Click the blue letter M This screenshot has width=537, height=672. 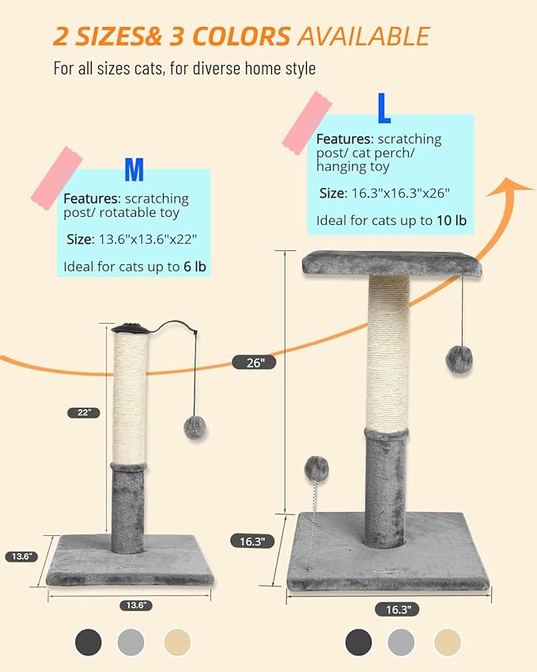[134, 170]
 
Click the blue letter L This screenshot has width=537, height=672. [384, 108]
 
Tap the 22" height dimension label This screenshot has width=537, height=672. [84, 412]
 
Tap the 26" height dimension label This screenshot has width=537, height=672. [254, 363]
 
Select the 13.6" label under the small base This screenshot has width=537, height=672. [136, 606]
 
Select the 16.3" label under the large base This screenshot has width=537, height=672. [397, 609]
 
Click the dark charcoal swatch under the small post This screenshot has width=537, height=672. [89, 642]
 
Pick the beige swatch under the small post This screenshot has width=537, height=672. [177, 642]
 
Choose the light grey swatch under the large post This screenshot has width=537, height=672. [401, 642]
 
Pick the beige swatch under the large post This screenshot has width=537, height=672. [448, 642]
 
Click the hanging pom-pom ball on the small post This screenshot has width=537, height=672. [195, 427]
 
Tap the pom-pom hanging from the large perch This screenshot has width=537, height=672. [459, 359]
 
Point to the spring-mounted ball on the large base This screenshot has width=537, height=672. [316, 469]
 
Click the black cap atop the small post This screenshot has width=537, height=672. [130, 328]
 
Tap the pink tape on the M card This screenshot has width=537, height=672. [57, 178]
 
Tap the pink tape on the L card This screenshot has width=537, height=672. [308, 123]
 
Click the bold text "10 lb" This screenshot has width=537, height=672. [452, 220]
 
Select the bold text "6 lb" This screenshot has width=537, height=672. [195, 267]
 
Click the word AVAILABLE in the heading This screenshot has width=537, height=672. [364, 36]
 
